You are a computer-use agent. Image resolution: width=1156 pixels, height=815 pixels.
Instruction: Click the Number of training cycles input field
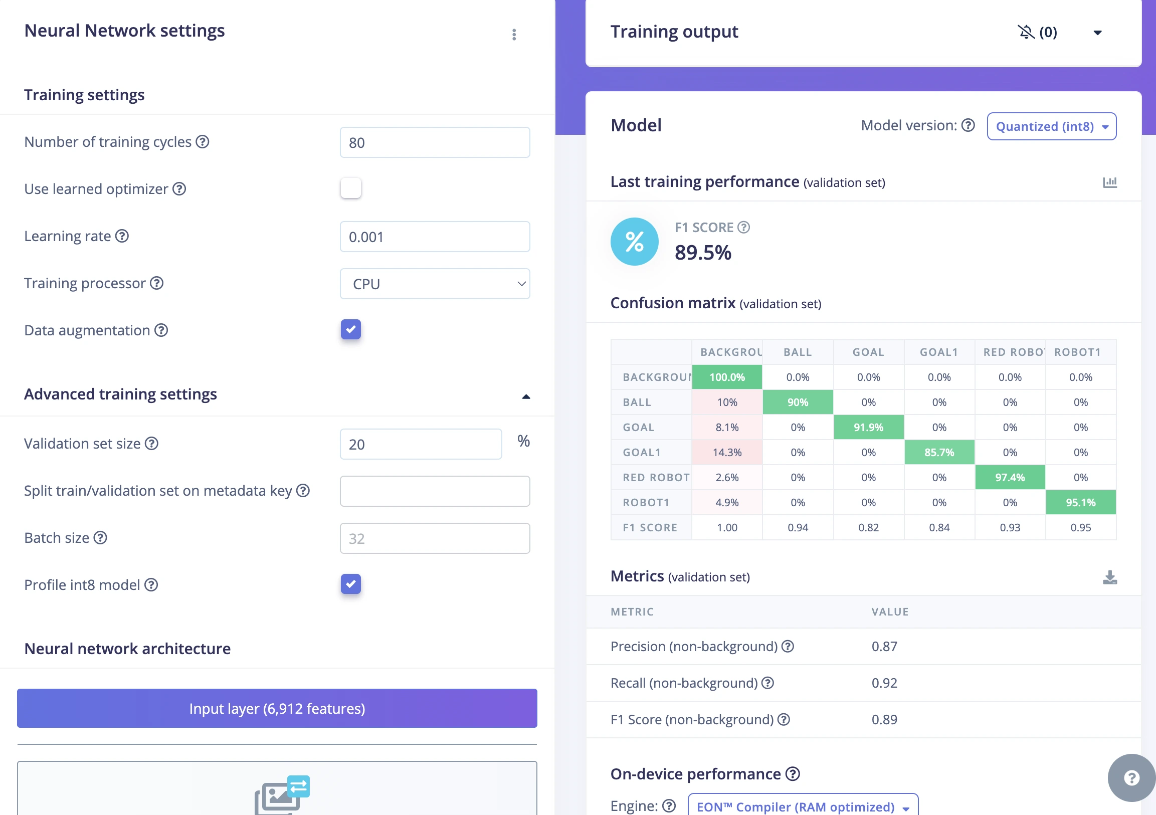click(435, 142)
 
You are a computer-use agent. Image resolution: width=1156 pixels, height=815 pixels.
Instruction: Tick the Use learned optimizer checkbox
click(351, 188)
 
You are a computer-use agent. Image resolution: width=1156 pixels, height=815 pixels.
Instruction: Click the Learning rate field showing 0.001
click(435, 237)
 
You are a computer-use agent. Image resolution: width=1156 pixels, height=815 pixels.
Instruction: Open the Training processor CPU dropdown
click(435, 284)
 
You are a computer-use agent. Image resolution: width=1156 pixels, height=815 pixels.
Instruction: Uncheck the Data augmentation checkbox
click(351, 330)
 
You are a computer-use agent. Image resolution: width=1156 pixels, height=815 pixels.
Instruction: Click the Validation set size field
click(421, 444)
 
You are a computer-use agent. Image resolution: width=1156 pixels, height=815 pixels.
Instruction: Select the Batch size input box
click(435, 538)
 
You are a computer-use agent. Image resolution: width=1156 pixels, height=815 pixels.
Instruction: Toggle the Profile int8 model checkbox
click(351, 584)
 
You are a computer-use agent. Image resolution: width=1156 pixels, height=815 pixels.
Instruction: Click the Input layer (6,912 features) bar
click(277, 708)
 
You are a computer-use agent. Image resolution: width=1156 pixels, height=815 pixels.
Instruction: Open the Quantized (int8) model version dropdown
click(1051, 126)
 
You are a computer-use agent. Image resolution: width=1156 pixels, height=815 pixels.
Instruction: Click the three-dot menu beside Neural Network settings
click(514, 34)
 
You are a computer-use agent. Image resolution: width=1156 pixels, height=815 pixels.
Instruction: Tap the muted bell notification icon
click(1026, 32)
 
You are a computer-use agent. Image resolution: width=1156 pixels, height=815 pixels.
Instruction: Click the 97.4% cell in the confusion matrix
click(1010, 477)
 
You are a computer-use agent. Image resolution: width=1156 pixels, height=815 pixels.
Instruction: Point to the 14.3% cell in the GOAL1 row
click(727, 452)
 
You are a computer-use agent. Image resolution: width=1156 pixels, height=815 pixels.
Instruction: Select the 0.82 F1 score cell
click(868, 528)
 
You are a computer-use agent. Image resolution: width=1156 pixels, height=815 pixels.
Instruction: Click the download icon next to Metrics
click(1110, 577)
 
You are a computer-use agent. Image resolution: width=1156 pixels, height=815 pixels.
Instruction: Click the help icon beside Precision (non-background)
click(788, 647)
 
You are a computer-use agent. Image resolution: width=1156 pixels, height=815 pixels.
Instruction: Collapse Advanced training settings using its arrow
click(526, 396)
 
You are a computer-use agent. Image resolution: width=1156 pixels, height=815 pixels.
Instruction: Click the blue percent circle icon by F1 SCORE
click(634, 242)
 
